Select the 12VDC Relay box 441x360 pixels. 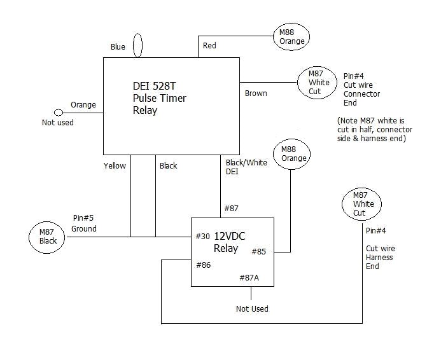[x=233, y=251]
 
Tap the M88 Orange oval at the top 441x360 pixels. [x=292, y=36]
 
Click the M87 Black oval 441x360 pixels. [x=48, y=237]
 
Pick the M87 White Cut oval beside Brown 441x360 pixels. [x=318, y=83]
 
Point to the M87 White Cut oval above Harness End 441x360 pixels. [x=363, y=204]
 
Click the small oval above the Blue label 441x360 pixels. [x=137, y=46]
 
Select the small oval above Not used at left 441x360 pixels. [x=59, y=113]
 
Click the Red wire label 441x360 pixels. [x=209, y=46]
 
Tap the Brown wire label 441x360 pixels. [x=256, y=93]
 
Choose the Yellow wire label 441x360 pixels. [x=115, y=166]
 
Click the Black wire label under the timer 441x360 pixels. [x=169, y=166]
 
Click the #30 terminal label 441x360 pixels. [x=203, y=236]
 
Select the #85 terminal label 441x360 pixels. [x=259, y=251]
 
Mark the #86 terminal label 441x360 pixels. [x=203, y=265]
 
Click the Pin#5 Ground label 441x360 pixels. [x=83, y=224]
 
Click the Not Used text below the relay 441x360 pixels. [x=252, y=309]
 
